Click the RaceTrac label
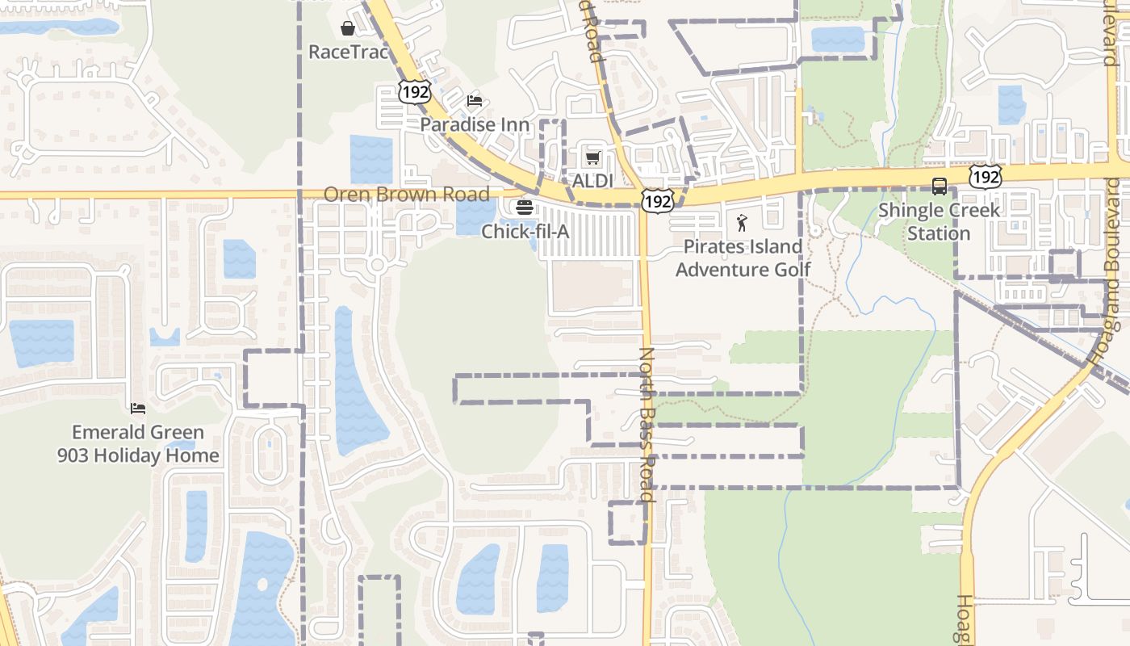click(x=349, y=52)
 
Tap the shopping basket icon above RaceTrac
click(x=348, y=29)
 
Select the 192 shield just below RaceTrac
click(x=415, y=91)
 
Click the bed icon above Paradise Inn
click(x=475, y=101)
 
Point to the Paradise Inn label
click(x=475, y=125)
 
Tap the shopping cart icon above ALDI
click(x=593, y=157)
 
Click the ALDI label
click(x=593, y=181)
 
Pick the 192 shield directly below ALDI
click(x=658, y=201)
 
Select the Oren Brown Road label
click(x=406, y=195)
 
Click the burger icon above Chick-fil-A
click(x=525, y=208)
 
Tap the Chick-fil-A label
click(x=525, y=232)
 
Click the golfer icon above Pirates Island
click(x=742, y=223)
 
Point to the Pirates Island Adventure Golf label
click(x=743, y=258)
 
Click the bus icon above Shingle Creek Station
click(x=940, y=187)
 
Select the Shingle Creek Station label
click(x=939, y=222)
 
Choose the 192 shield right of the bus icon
click(x=986, y=176)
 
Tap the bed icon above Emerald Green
click(x=138, y=409)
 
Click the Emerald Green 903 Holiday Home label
click(x=138, y=444)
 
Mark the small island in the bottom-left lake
click(x=261, y=583)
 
